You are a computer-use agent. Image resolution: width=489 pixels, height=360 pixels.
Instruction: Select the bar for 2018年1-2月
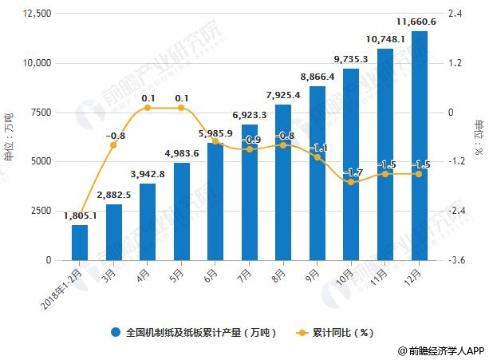pos(80,242)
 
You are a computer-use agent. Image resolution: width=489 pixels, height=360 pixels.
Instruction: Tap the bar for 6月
pos(215,201)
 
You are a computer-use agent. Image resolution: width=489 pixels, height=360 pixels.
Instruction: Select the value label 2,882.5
pos(113,195)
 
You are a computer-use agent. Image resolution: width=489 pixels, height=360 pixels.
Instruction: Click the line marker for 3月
pos(113,145)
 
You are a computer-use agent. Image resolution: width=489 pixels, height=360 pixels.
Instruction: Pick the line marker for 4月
pos(148,108)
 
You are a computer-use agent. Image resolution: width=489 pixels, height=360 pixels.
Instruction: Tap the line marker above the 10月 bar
pos(350,182)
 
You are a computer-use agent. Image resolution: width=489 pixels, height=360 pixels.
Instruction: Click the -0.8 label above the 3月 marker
pos(116,135)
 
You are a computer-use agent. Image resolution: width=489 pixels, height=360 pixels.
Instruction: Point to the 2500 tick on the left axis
pos(40,211)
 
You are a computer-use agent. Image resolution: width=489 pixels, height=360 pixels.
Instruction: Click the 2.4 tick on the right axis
pos(456,14)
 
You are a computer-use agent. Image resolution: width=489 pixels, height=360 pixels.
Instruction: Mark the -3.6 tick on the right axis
pos(458,260)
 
